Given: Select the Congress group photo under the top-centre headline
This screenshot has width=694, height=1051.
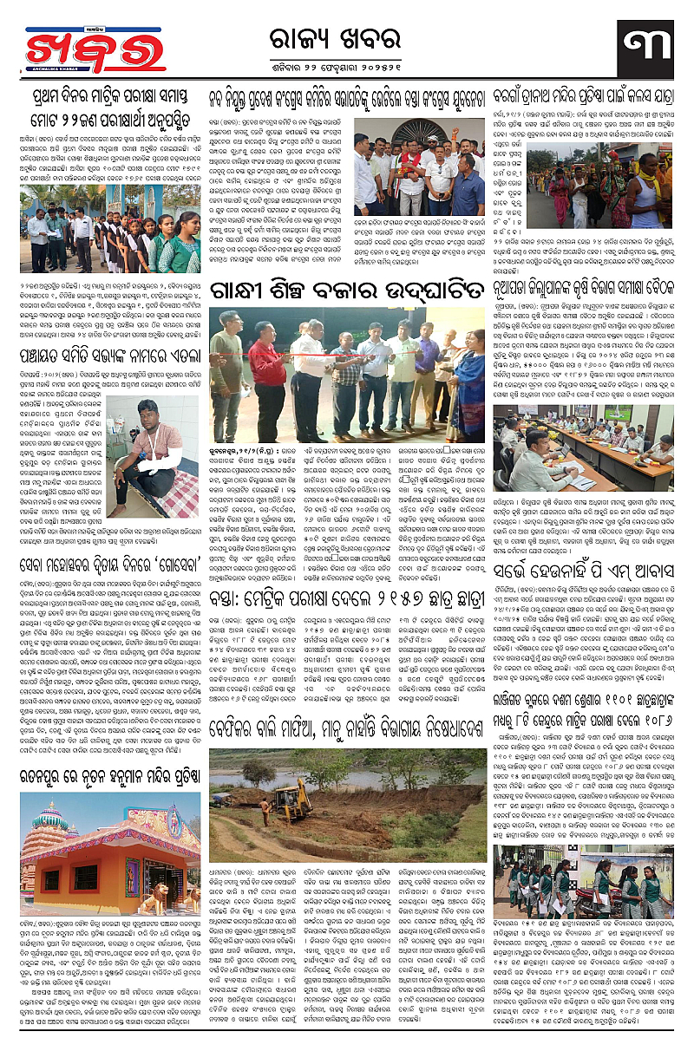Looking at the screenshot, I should click(418, 171).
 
